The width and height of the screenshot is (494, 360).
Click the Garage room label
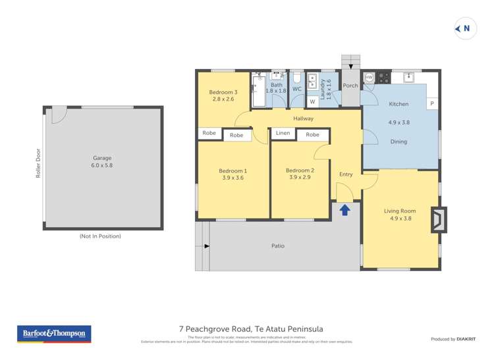point(101,158)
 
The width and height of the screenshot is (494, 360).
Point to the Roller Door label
point(38,163)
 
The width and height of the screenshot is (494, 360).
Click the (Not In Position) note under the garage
point(100,236)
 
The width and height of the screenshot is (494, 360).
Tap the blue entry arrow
point(344,210)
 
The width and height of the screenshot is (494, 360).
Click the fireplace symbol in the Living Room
point(438,220)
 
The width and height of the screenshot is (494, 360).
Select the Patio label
point(278,246)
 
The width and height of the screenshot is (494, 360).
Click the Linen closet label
point(283,134)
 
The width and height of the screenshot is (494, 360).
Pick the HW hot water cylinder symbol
point(369,78)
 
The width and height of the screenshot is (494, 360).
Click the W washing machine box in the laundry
point(312,102)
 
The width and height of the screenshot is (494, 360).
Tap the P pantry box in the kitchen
point(432,104)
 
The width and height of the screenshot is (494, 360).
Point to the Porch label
point(350,86)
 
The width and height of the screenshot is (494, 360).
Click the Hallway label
point(304,118)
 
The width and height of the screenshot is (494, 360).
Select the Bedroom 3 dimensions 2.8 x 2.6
point(223,99)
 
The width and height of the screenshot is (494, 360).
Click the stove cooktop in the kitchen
point(383,78)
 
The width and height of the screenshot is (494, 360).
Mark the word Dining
point(398,141)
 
